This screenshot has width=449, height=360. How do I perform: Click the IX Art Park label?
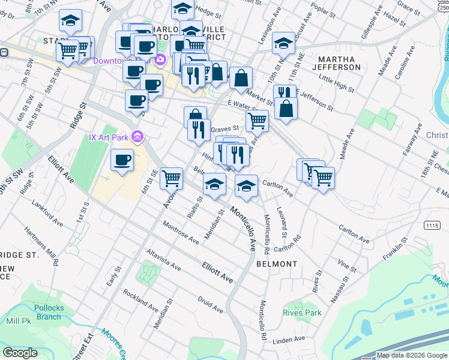click(x=109, y=137)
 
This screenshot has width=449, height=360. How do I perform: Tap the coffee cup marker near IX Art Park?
click(x=122, y=161)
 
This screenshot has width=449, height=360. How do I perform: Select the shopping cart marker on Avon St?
click(x=172, y=178)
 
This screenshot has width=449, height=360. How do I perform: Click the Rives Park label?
click(x=303, y=313)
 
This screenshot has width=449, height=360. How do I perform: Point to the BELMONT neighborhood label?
click(x=277, y=264)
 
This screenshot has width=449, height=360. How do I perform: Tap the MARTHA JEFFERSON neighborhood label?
click(x=340, y=63)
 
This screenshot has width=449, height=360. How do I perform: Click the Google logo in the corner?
click(x=20, y=353)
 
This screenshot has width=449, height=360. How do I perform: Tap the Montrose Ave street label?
click(x=181, y=232)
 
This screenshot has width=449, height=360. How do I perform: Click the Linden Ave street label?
click(x=289, y=340)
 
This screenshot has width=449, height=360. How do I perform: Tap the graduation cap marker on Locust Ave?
click(x=284, y=43)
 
